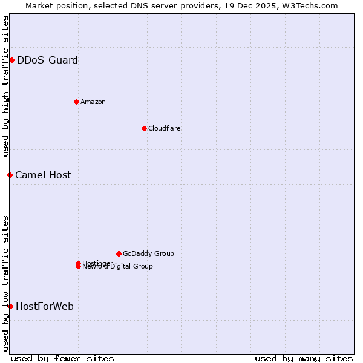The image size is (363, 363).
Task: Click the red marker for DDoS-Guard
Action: point(11,60)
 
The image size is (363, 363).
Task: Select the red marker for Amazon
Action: point(76,102)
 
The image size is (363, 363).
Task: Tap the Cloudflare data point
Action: point(144,128)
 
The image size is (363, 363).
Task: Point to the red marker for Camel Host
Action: point(10,175)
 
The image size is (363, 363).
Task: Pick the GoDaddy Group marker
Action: point(119,253)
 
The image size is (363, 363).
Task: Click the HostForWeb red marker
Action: point(10,306)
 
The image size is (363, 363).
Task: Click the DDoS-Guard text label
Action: point(47,60)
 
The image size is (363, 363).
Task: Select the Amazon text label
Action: point(93,102)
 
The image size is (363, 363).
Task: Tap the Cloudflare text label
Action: point(164,128)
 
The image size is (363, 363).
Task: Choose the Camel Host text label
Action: point(43,175)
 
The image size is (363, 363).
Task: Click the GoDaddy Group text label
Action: point(148,253)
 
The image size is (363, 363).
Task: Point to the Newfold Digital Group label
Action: point(118,267)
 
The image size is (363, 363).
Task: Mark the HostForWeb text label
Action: point(45,306)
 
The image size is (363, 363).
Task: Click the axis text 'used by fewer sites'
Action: point(62,358)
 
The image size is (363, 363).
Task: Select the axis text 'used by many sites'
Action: point(304,358)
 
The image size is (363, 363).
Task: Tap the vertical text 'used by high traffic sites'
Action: point(5,86)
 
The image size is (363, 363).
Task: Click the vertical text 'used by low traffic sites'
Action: point(5,283)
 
